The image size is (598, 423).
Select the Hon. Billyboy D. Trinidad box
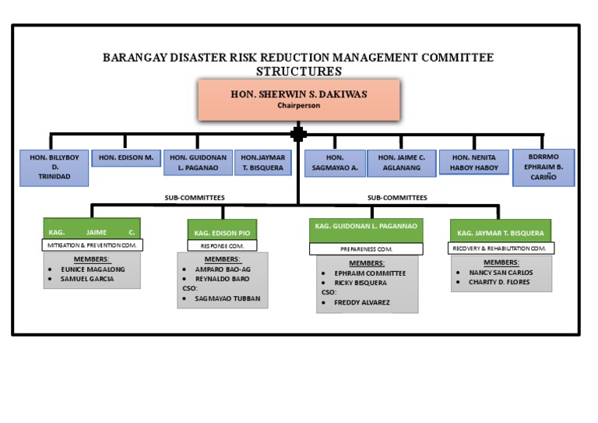click(55, 167)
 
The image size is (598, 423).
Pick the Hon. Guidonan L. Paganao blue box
click(197, 162)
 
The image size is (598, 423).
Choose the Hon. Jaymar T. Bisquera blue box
click(263, 162)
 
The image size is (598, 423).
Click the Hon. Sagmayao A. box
click(335, 162)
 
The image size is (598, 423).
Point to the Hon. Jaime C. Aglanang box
click(401, 162)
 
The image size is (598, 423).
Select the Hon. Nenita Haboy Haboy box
click(473, 162)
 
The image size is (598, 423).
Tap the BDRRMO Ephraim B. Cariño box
click(543, 167)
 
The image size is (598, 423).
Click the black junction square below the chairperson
click(298, 134)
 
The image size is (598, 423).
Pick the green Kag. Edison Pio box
click(222, 232)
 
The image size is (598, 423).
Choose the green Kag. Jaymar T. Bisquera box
click(501, 232)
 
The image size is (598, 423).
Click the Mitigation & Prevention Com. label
click(92, 245)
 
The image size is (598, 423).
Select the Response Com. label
click(222, 245)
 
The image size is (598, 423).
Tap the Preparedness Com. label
click(366, 249)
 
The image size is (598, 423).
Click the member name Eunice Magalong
click(92, 269)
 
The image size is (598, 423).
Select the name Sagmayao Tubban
click(227, 298)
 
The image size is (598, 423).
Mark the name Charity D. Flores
click(498, 282)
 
